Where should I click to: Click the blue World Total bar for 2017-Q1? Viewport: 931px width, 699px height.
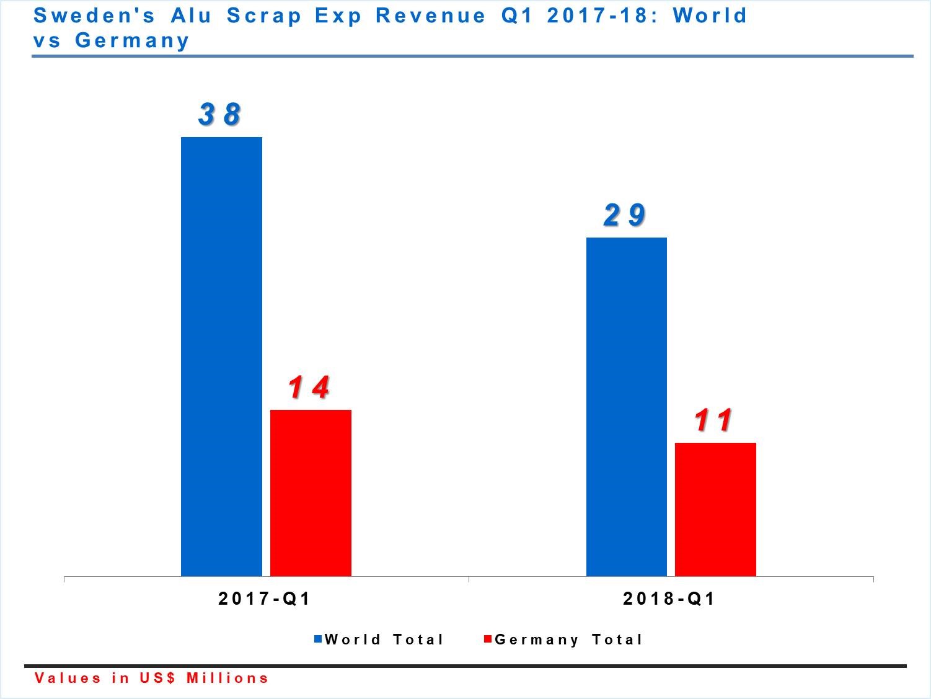point(221,356)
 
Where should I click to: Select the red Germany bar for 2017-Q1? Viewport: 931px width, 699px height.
point(311,492)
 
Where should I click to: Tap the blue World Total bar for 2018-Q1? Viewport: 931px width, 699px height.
point(626,406)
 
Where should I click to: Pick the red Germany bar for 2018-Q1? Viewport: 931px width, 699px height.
point(715,509)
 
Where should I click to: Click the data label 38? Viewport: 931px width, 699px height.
point(220,114)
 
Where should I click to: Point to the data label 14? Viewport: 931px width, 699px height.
point(309,388)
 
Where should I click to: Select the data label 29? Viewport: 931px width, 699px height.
point(625,215)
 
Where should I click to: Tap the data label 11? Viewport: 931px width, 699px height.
point(714,421)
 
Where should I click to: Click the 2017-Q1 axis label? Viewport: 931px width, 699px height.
point(264,599)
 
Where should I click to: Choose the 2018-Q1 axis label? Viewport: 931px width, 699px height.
point(669,599)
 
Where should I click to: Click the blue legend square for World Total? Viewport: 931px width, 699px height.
point(318,639)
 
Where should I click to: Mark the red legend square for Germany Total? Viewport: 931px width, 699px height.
point(488,639)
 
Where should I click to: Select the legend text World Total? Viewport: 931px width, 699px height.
point(384,639)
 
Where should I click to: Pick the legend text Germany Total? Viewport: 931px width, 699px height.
point(569,639)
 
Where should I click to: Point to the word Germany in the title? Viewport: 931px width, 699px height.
point(132,40)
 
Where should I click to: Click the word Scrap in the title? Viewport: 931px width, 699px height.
point(263,15)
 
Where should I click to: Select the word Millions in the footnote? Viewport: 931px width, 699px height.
point(227,678)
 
